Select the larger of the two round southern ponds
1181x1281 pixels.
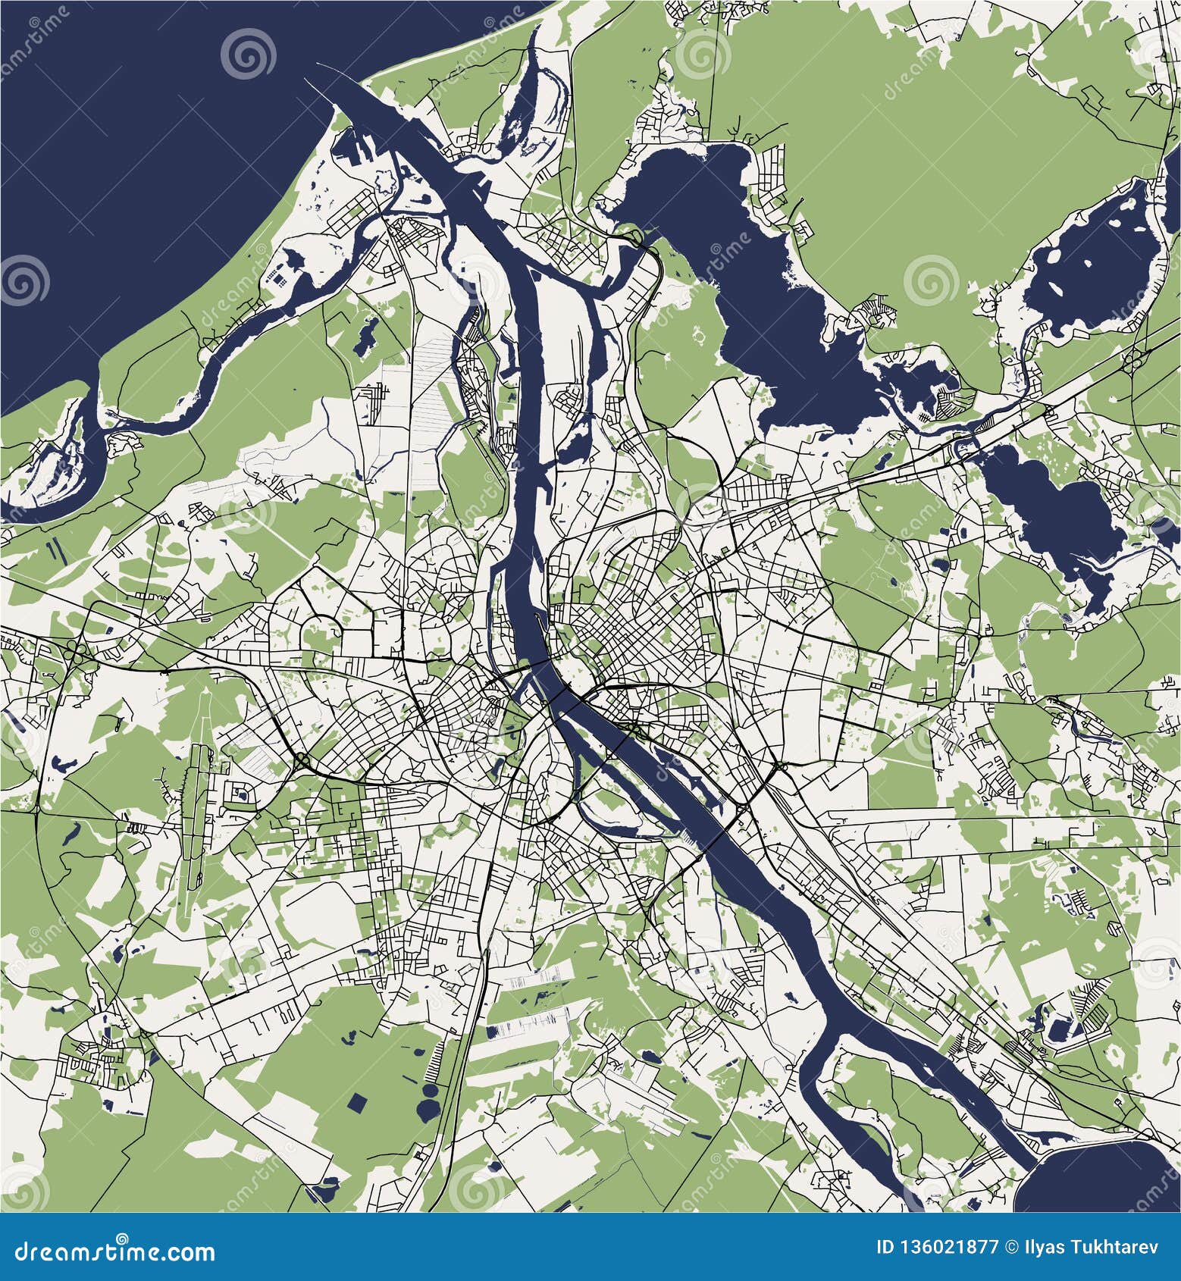click(x=431, y=1094)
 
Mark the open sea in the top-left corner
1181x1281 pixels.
click(x=152, y=152)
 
